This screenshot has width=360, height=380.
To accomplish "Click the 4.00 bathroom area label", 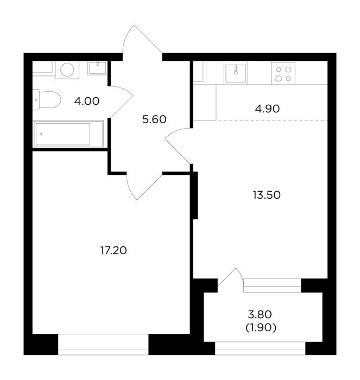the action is pos(87,101).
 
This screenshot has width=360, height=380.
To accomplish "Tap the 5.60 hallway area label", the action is pos(154,119).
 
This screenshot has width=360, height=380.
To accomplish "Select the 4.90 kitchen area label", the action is pos(267,109).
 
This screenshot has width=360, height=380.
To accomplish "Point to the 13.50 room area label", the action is pos(267,195).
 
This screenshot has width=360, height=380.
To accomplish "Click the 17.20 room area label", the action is pos(113,250).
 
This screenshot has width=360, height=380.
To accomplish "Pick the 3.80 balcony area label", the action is pos(260,314).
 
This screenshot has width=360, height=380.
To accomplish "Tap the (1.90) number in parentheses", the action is pos(261,328).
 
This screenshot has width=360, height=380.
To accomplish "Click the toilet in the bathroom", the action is pos(47,99).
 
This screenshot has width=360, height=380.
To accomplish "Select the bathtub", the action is pos(68,134).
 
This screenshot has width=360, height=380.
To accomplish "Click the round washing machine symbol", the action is pos(67,70).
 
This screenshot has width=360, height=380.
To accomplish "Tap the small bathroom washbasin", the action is pos(97,68).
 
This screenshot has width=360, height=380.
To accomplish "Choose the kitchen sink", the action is pos(236,73).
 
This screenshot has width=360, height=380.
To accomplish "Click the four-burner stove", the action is pos(283,73).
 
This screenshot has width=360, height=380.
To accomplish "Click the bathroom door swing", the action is pos(121,102).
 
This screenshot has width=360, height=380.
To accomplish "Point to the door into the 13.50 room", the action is pos(178,146).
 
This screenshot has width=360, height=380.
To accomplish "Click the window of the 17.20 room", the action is pos(103,345).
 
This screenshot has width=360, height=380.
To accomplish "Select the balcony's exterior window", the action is pos(260,349).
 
